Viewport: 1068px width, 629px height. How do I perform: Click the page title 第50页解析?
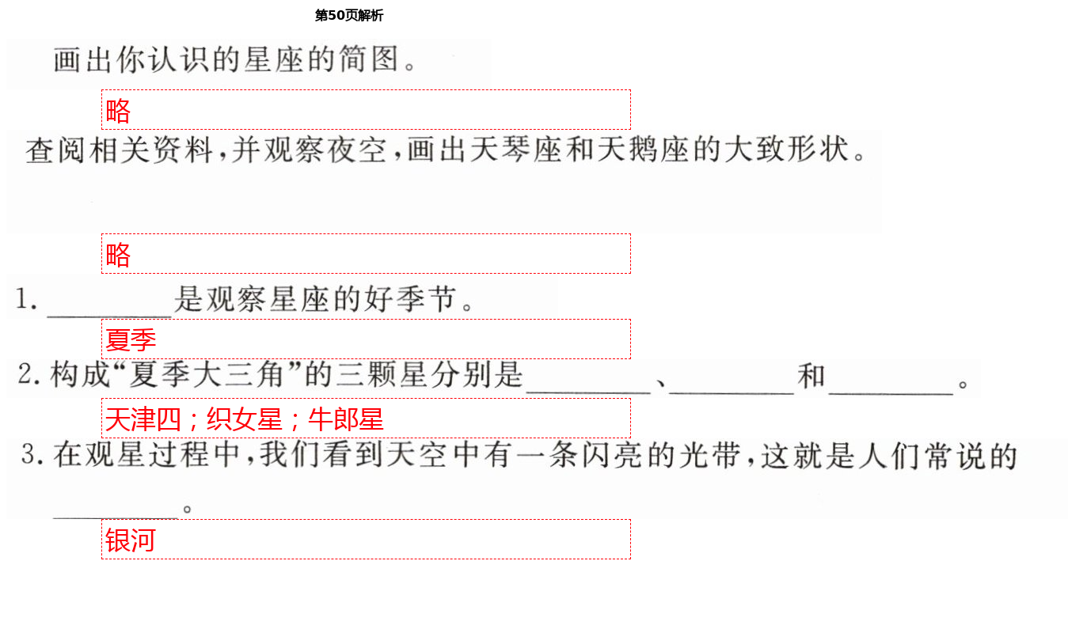[348, 16]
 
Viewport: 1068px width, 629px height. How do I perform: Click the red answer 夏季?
[131, 340]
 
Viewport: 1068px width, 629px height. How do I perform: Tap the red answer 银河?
[131, 540]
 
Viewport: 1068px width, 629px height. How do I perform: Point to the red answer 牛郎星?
[346, 419]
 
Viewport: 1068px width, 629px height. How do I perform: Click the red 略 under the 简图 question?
[118, 111]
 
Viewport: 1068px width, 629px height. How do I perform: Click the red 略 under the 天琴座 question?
[118, 255]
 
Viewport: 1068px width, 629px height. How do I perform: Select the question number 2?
[29, 374]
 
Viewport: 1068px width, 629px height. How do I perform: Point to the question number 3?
[30, 454]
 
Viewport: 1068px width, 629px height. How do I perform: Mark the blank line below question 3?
[116, 513]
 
